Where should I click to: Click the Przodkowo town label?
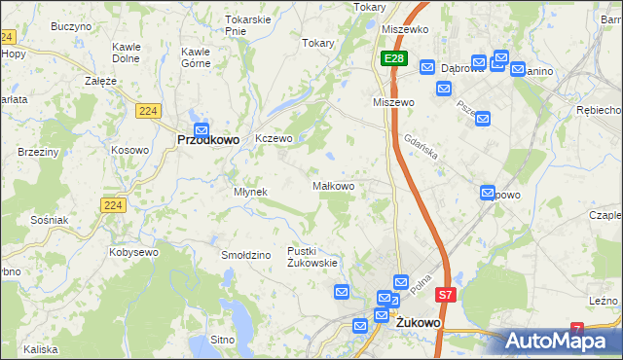208,140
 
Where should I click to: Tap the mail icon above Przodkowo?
202,129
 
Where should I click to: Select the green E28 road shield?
392,60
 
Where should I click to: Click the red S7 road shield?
445,295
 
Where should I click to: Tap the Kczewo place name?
274,139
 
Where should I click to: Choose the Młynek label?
250,192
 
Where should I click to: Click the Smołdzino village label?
244,255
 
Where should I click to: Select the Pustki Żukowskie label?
311,256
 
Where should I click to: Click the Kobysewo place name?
134,252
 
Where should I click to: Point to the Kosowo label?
129,150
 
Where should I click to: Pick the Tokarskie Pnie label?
247,25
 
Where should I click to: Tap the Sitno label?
223,340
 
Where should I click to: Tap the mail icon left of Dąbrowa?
427,67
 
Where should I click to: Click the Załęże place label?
101,81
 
